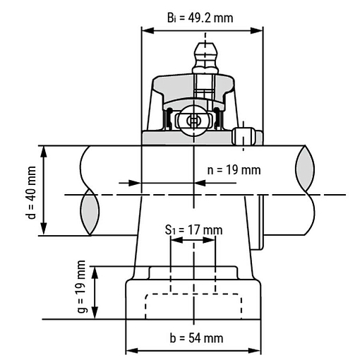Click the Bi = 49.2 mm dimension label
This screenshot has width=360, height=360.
[x=200, y=18]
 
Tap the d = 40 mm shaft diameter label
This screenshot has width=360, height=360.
[x=32, y=193]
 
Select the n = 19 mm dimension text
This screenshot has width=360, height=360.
[x=234, y=170]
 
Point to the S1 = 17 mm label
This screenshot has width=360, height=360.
[x=193, y=230]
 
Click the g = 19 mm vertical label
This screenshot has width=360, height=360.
[x=81, y=287]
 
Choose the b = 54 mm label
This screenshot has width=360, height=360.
[x=196, y=338]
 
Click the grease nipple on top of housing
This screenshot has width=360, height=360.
[x=205, y=58]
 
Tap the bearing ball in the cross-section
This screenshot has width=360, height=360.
[x=193, y=121]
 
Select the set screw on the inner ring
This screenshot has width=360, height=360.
[x=244, y=136]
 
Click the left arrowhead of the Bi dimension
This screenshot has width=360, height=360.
[x=148, y=30]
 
